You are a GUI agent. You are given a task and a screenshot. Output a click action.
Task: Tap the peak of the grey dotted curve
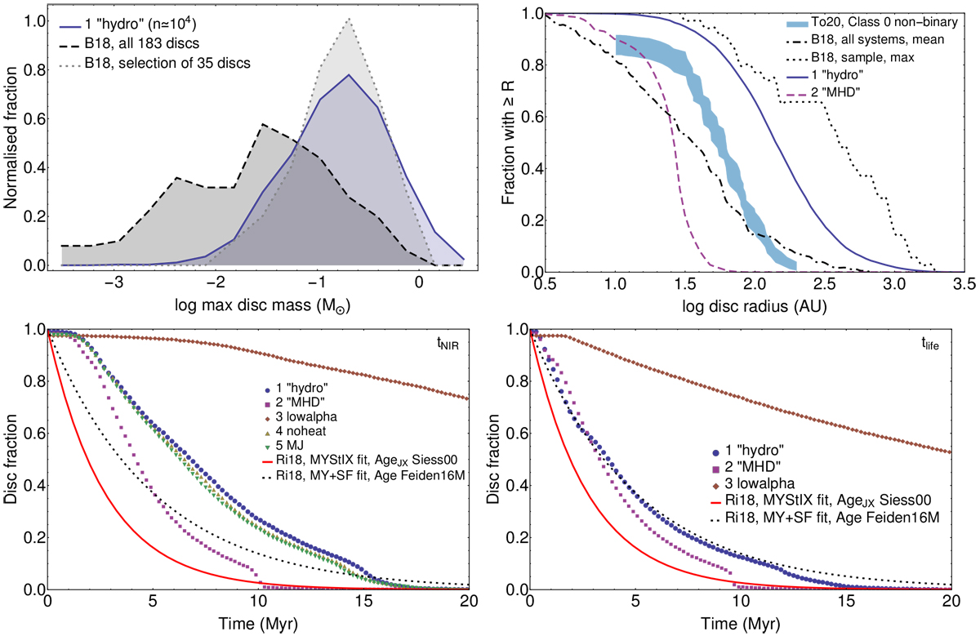coord(349,22)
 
